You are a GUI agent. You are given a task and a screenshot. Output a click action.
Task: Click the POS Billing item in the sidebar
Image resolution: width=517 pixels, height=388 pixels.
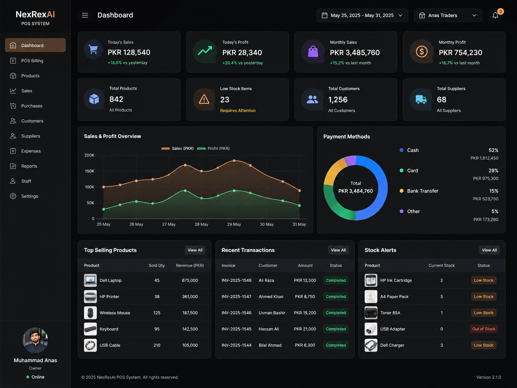point(32,61)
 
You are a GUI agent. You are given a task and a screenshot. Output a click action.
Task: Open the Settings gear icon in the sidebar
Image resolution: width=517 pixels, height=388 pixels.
point(13,196)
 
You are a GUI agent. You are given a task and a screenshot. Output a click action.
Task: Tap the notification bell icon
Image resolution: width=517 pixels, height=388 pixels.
point(495,15)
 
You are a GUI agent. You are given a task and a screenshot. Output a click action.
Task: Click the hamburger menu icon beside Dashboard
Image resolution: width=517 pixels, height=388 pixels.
point(85,15)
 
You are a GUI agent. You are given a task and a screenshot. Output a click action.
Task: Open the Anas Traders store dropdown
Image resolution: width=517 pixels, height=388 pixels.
point(448,15)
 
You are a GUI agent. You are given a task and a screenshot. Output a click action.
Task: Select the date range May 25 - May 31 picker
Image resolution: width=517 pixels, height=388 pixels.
point(362,15)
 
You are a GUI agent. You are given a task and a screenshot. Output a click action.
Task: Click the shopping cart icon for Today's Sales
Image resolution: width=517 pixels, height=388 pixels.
point(93,50)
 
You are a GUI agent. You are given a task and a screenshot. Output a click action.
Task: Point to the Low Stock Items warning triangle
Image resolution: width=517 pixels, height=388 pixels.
point(204,99)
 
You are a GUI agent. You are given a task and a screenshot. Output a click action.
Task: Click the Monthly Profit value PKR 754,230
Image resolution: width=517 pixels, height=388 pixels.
point(461,52)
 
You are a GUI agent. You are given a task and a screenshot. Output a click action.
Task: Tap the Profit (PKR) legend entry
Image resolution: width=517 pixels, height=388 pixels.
point(213,148)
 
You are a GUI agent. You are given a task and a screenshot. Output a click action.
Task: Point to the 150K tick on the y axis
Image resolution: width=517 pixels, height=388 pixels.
point(90,171)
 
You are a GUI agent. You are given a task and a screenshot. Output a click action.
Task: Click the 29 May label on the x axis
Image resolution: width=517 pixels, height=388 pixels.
point(234,224)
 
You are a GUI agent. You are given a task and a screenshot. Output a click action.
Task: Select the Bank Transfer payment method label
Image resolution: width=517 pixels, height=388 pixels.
point(422,191)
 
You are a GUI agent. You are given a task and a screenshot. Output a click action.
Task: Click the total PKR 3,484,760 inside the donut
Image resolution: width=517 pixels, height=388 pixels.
point(355,191)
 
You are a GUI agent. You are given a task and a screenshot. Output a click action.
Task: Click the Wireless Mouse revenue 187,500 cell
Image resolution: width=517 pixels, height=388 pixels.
point(190,313)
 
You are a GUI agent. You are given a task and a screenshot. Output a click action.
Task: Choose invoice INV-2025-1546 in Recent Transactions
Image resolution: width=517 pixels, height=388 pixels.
point(236,313)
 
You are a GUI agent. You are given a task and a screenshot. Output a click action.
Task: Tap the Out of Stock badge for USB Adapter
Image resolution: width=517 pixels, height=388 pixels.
point(483,329)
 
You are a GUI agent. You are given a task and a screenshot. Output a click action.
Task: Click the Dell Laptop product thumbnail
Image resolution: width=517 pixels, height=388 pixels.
point(90,280)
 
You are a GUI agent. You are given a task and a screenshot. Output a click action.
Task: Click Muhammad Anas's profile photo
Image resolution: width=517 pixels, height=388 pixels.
point(35,340)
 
